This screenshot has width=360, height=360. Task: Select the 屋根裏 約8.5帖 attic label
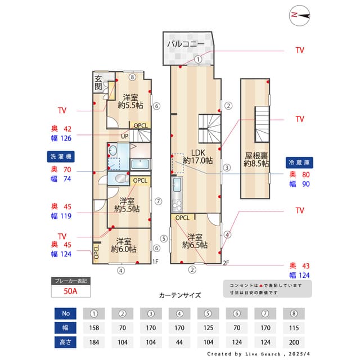[255, 159]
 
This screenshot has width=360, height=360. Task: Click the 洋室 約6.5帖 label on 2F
[195, 241]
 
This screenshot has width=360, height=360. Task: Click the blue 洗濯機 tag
[61, 155]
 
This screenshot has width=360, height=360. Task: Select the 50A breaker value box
[70, 291]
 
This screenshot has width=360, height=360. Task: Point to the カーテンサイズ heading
[180, 295]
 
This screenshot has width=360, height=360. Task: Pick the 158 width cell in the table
[94, 327]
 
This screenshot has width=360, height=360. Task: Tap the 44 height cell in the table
[180, 341]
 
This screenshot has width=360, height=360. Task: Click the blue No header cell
[65, 313]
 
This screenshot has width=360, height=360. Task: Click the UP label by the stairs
[124, 136]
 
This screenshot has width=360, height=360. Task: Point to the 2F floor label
[226, 262]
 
